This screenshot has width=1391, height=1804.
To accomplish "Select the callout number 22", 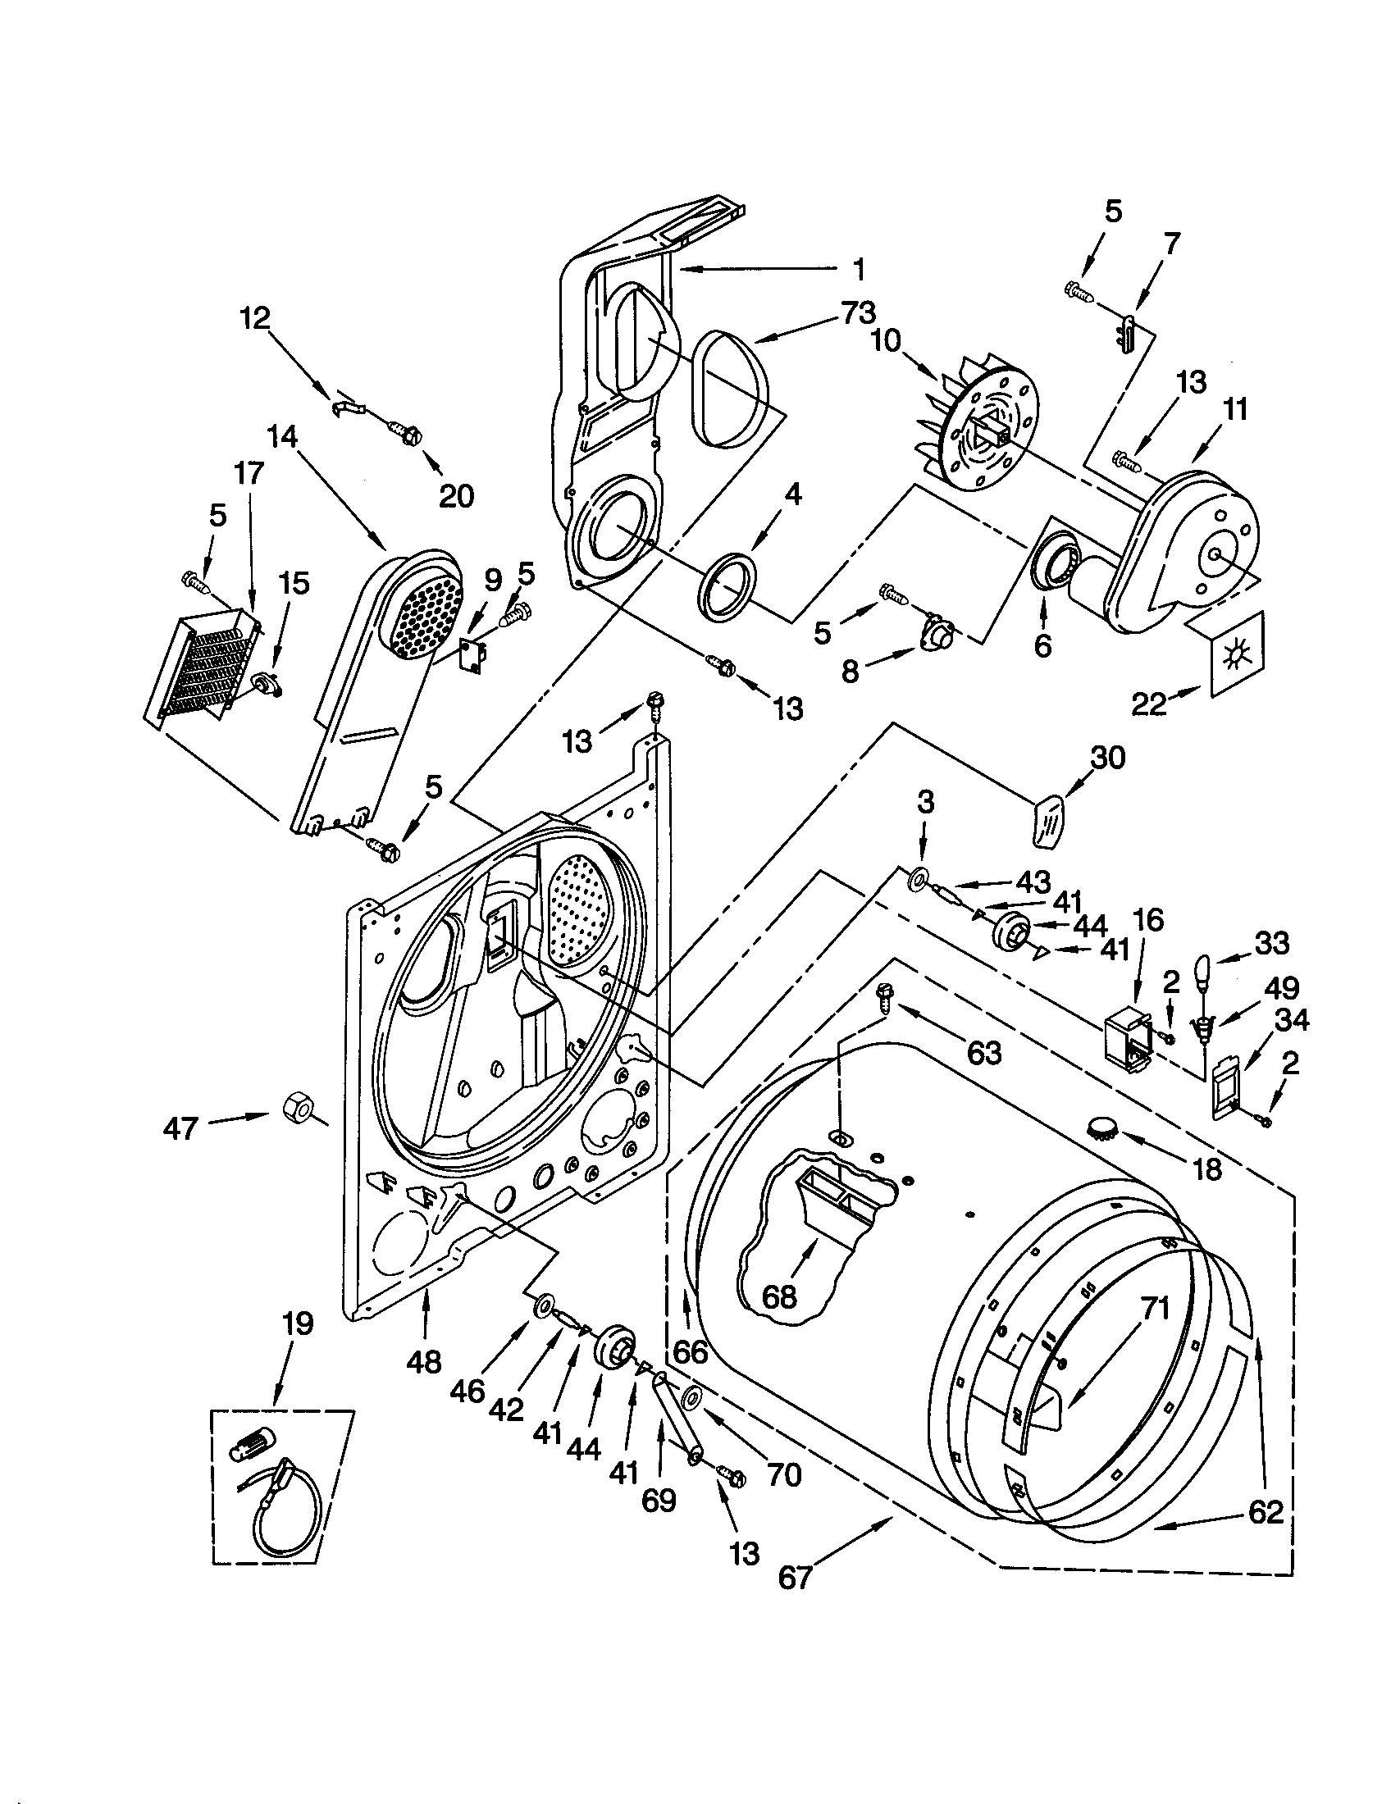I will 1149,704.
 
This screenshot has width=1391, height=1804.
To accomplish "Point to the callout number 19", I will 299,1324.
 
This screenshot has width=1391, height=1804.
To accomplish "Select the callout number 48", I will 424,1361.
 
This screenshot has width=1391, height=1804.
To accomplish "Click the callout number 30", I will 1108,757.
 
